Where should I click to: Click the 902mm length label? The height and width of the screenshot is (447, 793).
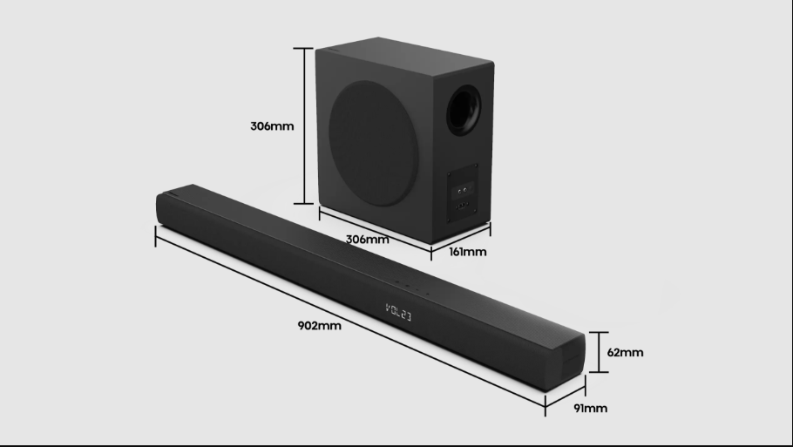[319, 326]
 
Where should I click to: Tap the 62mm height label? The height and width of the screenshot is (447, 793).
[625, 352]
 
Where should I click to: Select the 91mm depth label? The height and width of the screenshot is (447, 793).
[590, 408]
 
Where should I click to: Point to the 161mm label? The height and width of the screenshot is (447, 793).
[467, 253]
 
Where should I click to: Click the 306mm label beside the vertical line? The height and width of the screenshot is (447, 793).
[272, 125]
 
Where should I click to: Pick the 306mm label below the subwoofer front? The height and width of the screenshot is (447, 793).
[366, 239]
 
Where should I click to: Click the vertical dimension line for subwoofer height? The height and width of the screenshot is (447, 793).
[303, 125]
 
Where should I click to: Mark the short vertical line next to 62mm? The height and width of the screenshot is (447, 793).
[598, 352]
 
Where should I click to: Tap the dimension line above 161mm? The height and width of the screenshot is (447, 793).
[462, 238]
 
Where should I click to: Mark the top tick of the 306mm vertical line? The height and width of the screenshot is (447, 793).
[303, 48]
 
